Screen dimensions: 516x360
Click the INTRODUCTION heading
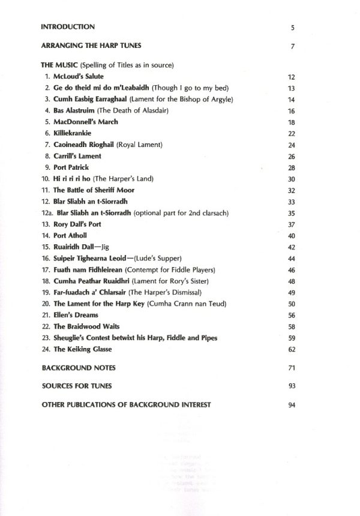tap(68, 27)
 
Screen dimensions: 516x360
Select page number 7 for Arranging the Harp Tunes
tap(292, 47)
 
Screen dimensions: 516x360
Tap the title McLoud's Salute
tap(78, 77)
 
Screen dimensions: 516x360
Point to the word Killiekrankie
tap(74, 133)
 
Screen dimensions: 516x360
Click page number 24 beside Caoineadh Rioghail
tap(292, 145)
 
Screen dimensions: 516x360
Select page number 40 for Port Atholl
tap(292, 236)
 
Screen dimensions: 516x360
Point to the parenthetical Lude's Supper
tap(160, 258)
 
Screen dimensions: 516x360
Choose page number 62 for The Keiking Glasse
tap(292, 349)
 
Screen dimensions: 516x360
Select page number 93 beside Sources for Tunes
tap(292, 385)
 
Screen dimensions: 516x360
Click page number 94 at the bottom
tap(292, 406)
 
